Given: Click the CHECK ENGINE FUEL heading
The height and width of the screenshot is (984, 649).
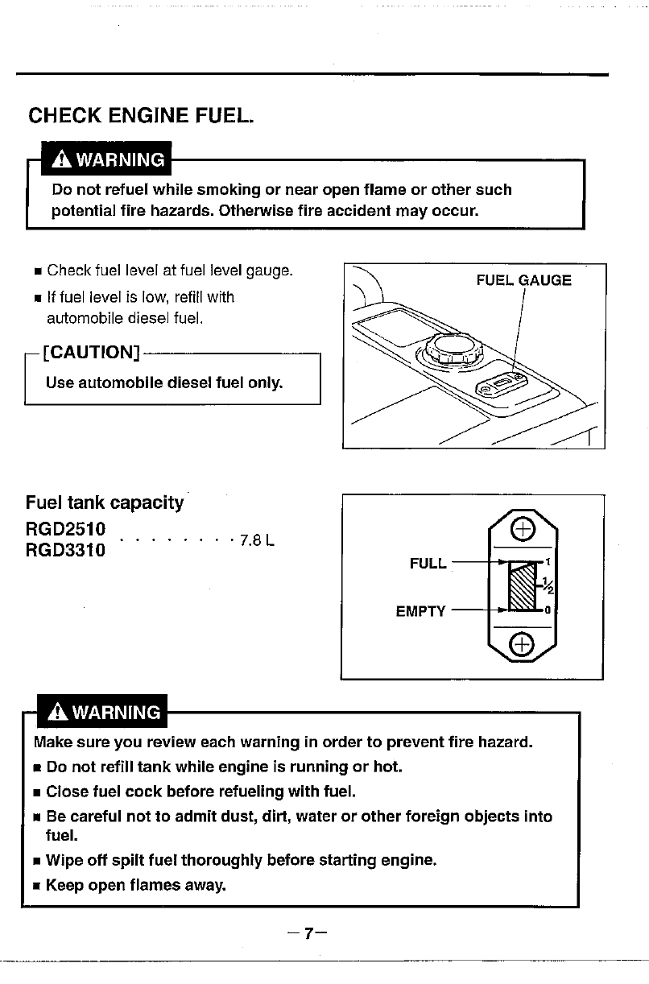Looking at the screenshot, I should [141, 115].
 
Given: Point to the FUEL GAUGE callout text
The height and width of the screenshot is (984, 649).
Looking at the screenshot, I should [523, 280].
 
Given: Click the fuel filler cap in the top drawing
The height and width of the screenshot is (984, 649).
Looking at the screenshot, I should [447, 348].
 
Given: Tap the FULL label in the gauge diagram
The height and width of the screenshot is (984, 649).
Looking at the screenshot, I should [428, 564].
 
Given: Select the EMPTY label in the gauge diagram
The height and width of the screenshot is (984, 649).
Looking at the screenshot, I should [420, 611].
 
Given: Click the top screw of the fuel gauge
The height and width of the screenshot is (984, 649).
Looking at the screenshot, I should [523, 529].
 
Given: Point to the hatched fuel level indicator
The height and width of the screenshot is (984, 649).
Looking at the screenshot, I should [524, 587].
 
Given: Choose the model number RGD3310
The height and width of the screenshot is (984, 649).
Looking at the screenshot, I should [65, 552].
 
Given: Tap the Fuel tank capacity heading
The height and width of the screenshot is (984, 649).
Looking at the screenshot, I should [105, 503].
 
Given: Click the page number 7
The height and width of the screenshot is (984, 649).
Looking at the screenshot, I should [306, 934].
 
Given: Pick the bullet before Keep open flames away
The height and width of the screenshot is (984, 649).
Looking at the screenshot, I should [38, 887].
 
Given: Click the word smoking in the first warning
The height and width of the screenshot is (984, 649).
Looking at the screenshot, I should [229, 190].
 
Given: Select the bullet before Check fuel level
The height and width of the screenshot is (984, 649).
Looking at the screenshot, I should [38, 270].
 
